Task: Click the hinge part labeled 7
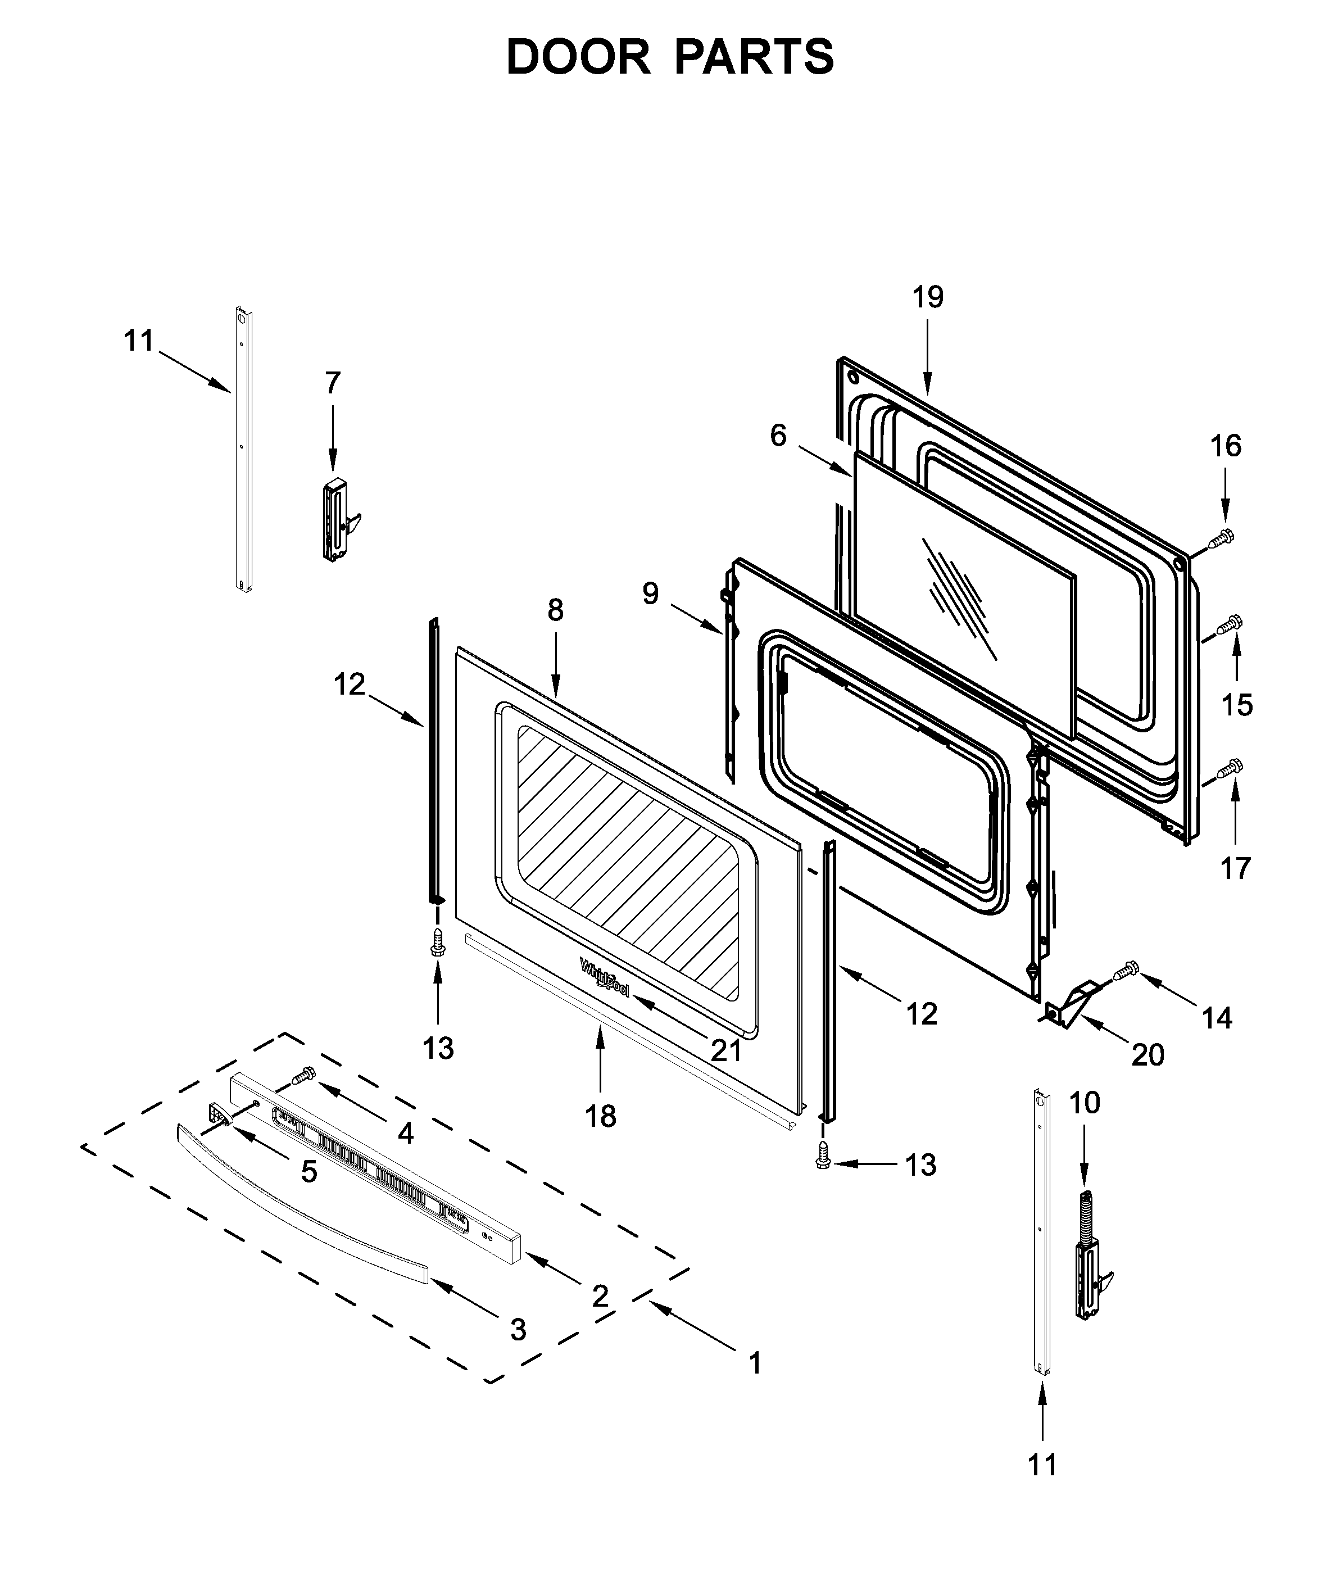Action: click(x=338, y=520)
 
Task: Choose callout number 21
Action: click(x=726, y=1050)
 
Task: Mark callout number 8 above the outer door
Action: click(x=555, y=610)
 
